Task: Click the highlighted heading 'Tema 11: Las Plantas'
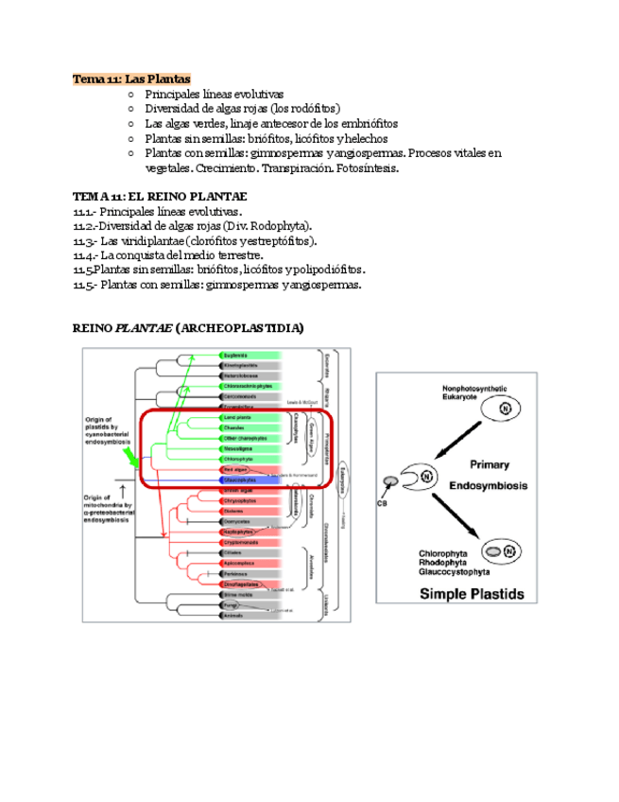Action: pyautogui.click(x=131, y=78)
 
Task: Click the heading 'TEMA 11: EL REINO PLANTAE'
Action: pyautogui.click(x=160, y=197)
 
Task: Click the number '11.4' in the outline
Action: pyautogui.click(x=84, y=255)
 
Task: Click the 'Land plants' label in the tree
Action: pyautogui.click(x=237, y=418)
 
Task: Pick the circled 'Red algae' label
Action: pyautogui.click(x=235, y=469)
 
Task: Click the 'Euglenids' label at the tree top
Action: pyautogui.click(x=235, y=356)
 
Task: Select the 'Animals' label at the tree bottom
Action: pyautogui.click(x=234, y=616)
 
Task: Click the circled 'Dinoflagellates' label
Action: pyautogui.click(x=240, y=584)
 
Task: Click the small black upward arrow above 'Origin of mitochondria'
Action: pyautogui.click(x=123, y=489)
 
